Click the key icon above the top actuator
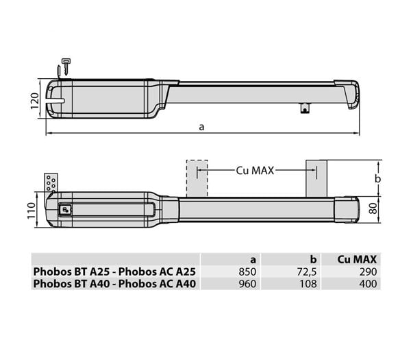pos(66,64)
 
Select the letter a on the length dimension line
pos(201,126)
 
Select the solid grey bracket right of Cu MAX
pos(316,178)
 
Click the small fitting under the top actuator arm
pos(305,108)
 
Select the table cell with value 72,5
pos(306,272)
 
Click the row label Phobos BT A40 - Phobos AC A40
pos(116,283)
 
